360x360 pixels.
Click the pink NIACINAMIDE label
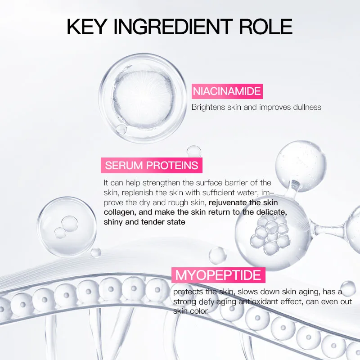[x=226, y=91]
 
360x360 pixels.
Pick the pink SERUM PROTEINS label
[x=152, y=165]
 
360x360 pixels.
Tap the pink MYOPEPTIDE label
[x=218, y=275]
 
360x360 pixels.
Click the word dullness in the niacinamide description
[x=306, y=107]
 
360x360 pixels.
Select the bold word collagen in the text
[x=119, y=212]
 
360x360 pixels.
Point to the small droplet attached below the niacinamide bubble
[x=120, y=130]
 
